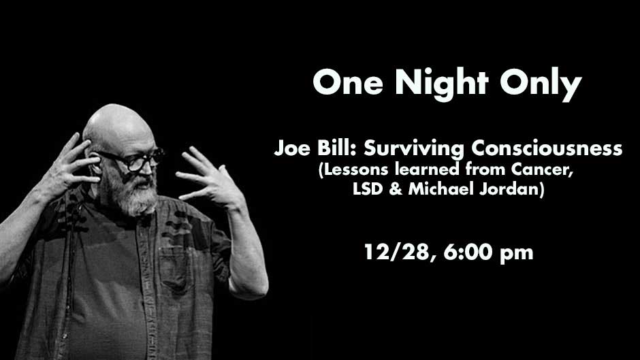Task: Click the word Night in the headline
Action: coord(441,84)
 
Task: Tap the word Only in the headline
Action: coord(541,84)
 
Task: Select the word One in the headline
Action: coord(348,82)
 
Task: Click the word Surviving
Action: coord(413,148)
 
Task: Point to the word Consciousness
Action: coord(547,148)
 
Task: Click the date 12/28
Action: coord(397,252)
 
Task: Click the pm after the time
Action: coord(516,254)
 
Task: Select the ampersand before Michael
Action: coord(396,189)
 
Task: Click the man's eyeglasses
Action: coord(131,159)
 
